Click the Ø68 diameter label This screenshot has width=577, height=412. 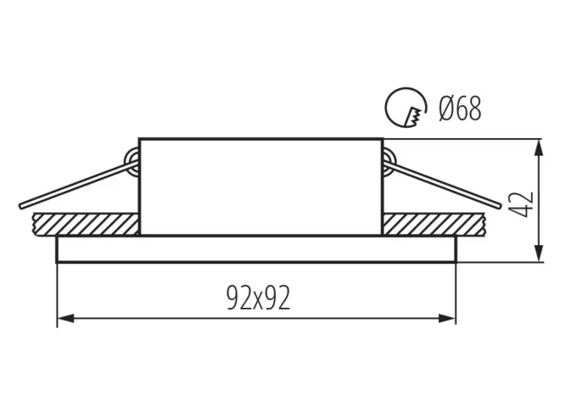pyautogui.click(x=460, y=109)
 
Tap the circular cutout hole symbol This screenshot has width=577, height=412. pyautogui.click(x=405, y=109)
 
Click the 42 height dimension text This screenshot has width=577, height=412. pyautogui.click(x=524, y=203)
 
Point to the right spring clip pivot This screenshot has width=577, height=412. pyautogui.click(x=389, y=159)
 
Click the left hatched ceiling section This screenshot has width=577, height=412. pyautogui.click(x=85, y=225)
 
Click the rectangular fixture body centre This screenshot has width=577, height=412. pyautogui.click(x=260, y=186)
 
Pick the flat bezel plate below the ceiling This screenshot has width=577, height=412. pyautogui.click(x=256, y=249)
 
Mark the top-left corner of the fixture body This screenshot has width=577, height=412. pyautogui.click(x=138, y=137)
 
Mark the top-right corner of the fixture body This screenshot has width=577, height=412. pyautogui.click(x=383, y=137)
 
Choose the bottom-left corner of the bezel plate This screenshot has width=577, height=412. pyautogui.click(x=57, y=262)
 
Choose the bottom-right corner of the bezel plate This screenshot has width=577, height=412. pyautogui.click(x=457, y=262)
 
